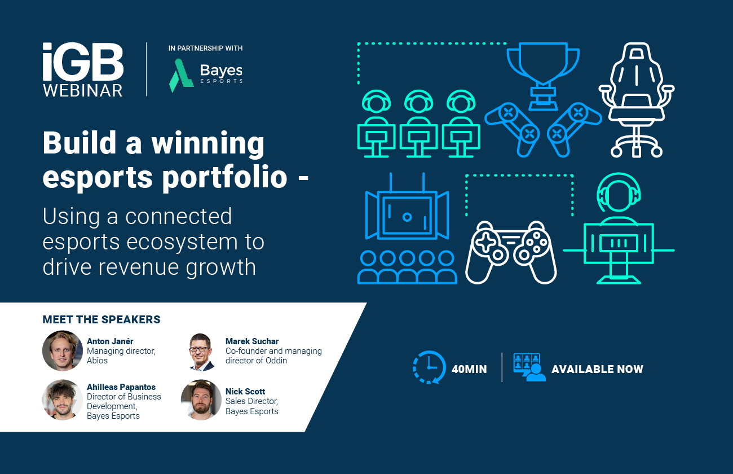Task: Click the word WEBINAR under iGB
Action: tap(83, 90)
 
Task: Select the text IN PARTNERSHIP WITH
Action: tap(205, 49)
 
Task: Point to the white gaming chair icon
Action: tap(636, 99)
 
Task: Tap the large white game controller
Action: tap(510, 252)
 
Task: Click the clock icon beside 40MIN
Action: tap(429, 368)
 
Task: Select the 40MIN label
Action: tap(469, 370)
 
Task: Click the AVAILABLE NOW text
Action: tap(597, 370)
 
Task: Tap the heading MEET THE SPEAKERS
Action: tap(101, 320)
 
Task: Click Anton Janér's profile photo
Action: tap(63, 350)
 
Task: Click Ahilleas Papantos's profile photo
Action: tap(63, 400)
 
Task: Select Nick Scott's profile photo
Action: tap(201, 400)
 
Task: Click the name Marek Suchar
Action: tap(252, 341)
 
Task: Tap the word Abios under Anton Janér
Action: tap(97, 361)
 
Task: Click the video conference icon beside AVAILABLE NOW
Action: tap(529, 367)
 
